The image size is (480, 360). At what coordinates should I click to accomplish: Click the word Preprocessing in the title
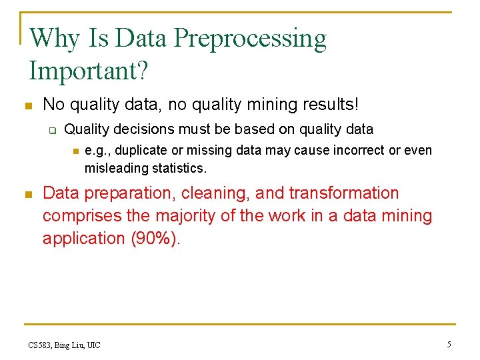click(251, 39)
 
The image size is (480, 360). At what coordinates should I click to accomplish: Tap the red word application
click(83, 239)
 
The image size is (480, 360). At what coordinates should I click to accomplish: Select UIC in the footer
click(93, 345)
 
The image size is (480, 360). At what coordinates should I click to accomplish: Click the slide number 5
click(449, 344)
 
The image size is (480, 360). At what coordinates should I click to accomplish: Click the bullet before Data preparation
click(27, 195)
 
